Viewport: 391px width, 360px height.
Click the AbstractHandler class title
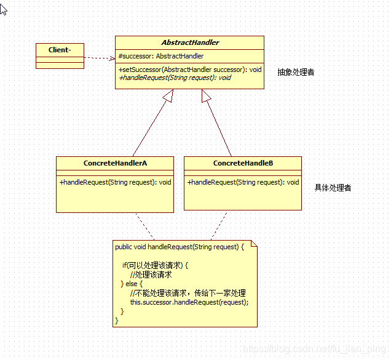(190, 42)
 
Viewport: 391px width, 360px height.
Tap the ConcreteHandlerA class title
(115, 163)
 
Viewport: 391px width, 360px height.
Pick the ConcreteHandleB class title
(243, 163)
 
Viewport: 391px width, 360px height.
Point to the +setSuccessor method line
(190, 70)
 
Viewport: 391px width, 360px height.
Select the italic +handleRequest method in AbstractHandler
(175, 78)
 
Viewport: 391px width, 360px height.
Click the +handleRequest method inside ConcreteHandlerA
(115, 182)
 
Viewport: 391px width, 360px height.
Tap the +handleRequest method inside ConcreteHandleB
(243, 182)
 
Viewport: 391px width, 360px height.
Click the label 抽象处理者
(296, 72)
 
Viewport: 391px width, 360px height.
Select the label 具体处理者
(333, 188)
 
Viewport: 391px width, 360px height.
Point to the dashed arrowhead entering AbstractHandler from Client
(112, 59)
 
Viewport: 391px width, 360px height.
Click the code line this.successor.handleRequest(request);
(189, 302)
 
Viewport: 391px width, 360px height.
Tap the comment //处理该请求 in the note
(151, 274)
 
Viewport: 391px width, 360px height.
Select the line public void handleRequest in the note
(179, 247)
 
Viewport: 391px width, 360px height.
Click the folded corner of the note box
(253, 244)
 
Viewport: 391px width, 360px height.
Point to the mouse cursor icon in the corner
(3, 9)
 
